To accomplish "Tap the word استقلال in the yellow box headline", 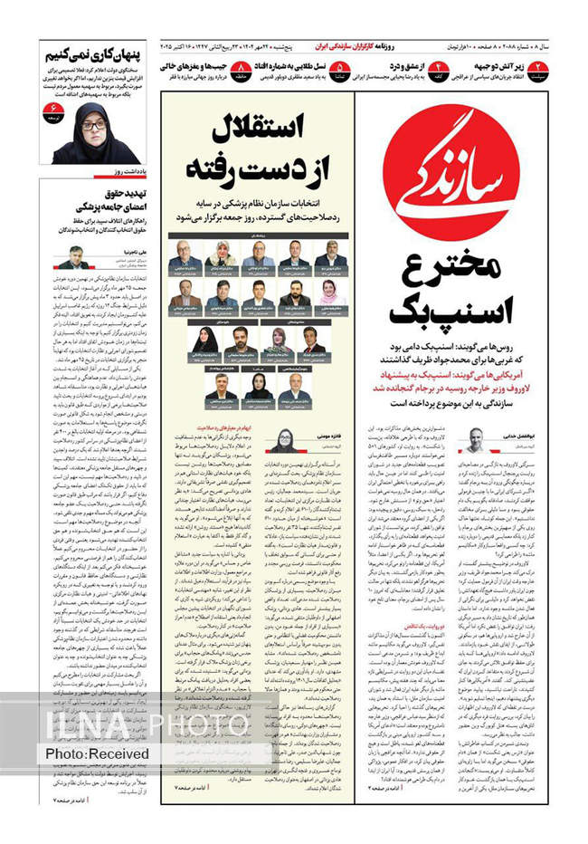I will coord(259,131).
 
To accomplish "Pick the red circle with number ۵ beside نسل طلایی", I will coord(338,68).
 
